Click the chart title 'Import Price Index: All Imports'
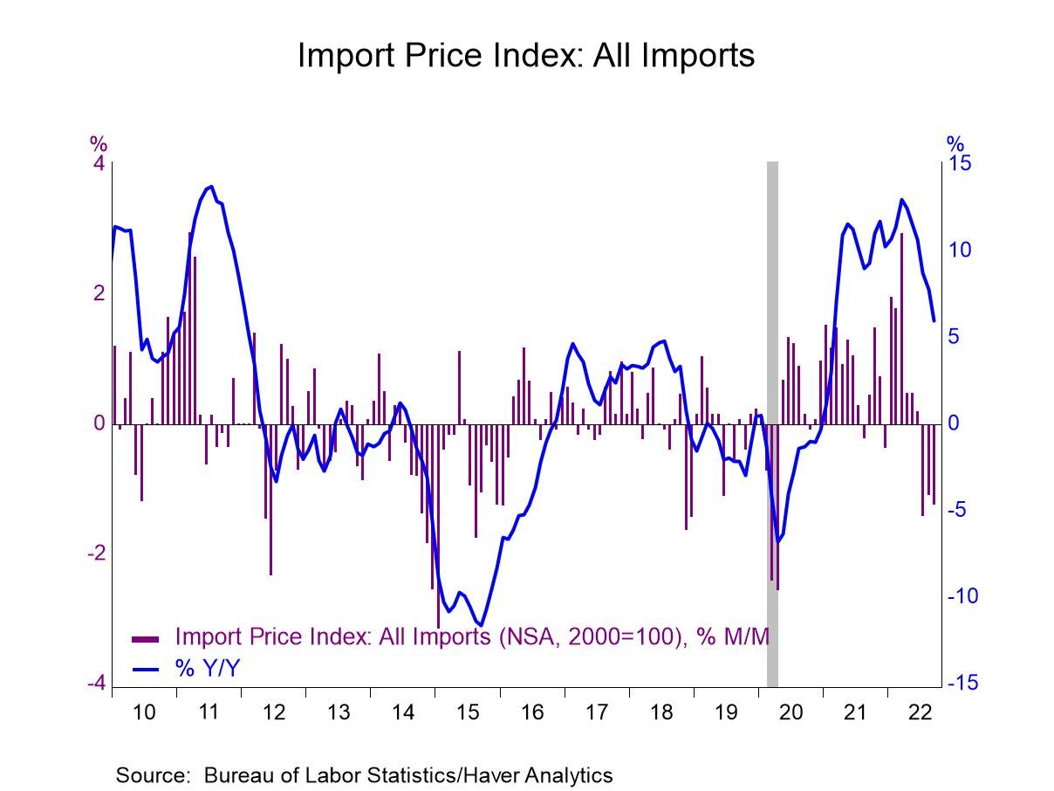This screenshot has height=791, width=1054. coord(525,55)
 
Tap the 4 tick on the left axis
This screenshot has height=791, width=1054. coord(99,164)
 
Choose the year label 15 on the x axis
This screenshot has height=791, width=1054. coord(468,712)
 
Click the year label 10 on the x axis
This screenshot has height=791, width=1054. coord(144,712)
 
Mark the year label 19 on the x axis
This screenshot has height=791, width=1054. coord(727,712)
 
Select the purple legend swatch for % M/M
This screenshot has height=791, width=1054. coord(145,637)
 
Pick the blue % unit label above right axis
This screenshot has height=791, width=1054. coord(955,143)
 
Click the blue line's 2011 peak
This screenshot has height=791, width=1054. coord(211,186)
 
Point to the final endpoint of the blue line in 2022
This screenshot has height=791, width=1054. coord(934,320)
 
